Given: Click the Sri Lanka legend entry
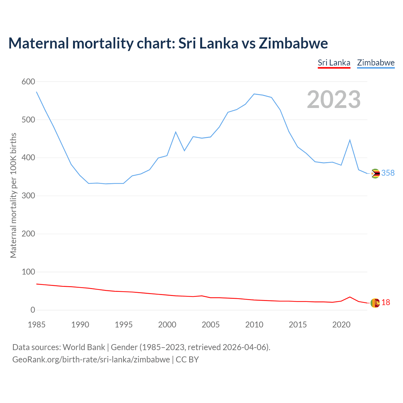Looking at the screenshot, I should coord(334,63).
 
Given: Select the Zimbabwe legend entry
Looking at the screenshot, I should coord(376,63).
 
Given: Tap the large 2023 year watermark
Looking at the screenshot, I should coord(334,99).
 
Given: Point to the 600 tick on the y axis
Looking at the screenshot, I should coord(28,82).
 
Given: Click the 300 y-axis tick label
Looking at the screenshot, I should coord(28,196).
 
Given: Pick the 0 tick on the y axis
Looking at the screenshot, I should coord(33,310).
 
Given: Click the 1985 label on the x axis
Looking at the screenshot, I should coord(37,325).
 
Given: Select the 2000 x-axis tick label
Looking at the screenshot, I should coord(167,325).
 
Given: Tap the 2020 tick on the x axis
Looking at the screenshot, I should coord(341,325).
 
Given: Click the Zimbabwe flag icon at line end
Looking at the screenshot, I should coord(375,173).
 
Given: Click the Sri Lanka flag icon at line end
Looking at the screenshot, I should coord(375,303).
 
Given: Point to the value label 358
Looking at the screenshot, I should coord(388,173).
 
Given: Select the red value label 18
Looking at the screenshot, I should coord(386,303).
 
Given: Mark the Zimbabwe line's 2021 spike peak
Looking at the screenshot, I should coord(350,140).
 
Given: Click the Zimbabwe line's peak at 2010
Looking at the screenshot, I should coord(254,94).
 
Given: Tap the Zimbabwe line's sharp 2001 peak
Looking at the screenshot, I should coord(176,132).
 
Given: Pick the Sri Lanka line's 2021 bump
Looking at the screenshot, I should coord(350,297).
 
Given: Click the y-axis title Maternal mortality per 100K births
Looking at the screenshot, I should coord(13,195).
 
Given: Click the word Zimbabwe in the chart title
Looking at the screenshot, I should coord(293,43).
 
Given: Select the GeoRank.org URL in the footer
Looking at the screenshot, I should coord(91,360).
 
